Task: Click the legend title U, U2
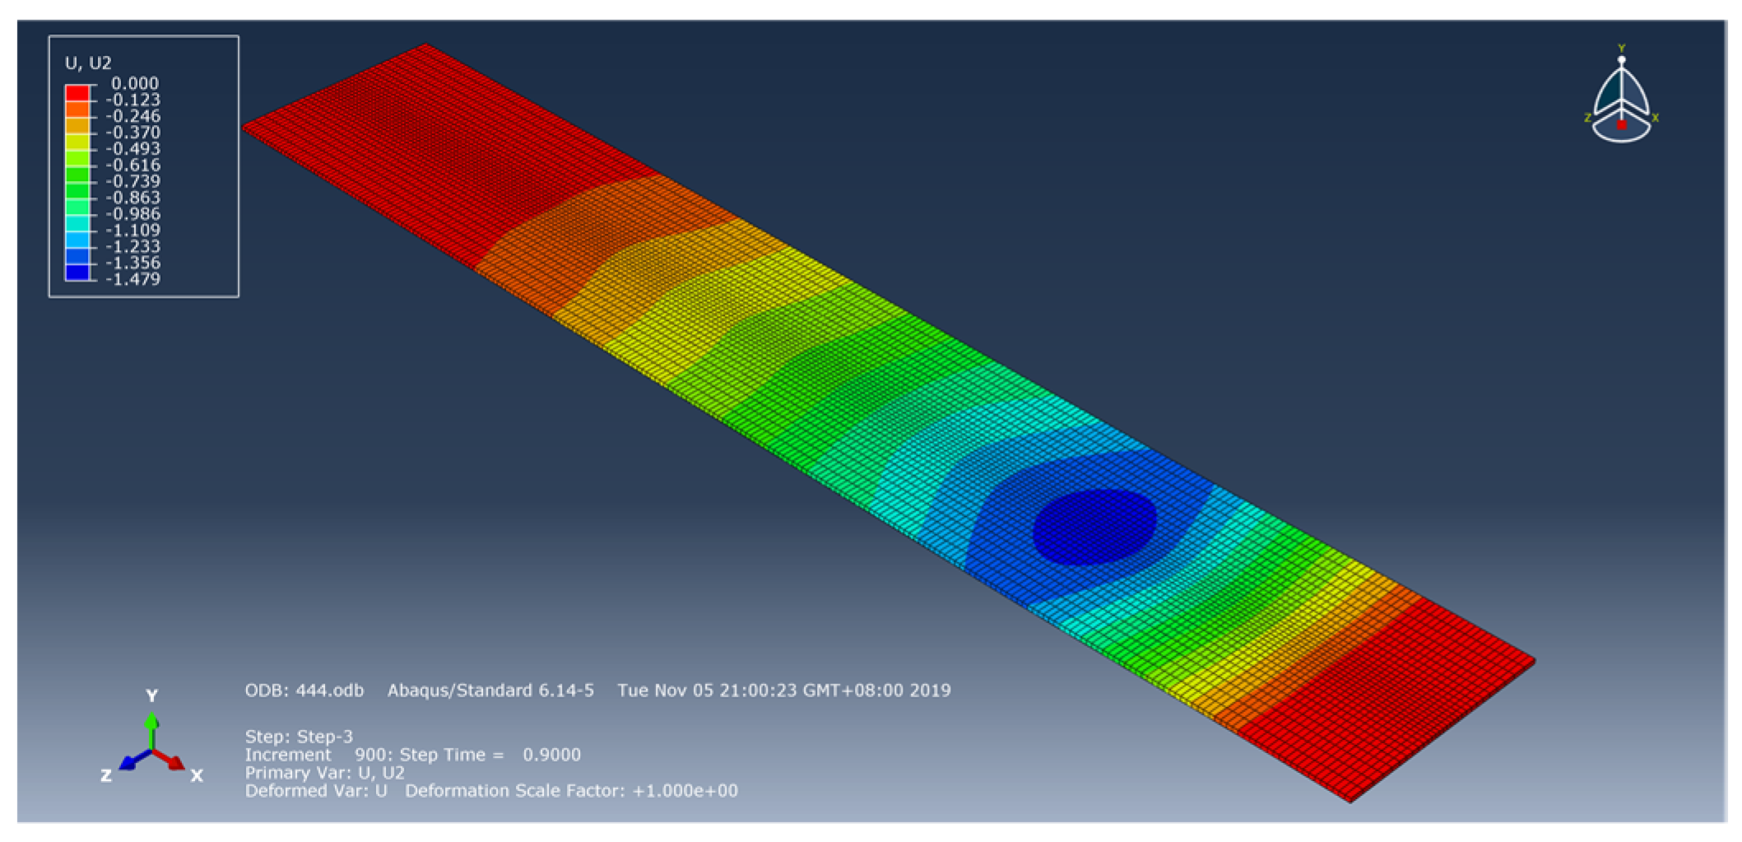88,63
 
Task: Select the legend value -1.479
132,279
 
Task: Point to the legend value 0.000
135,83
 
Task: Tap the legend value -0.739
132,181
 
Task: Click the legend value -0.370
132,133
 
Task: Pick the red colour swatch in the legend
77,92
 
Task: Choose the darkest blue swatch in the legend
77,272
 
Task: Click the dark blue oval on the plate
1094,527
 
